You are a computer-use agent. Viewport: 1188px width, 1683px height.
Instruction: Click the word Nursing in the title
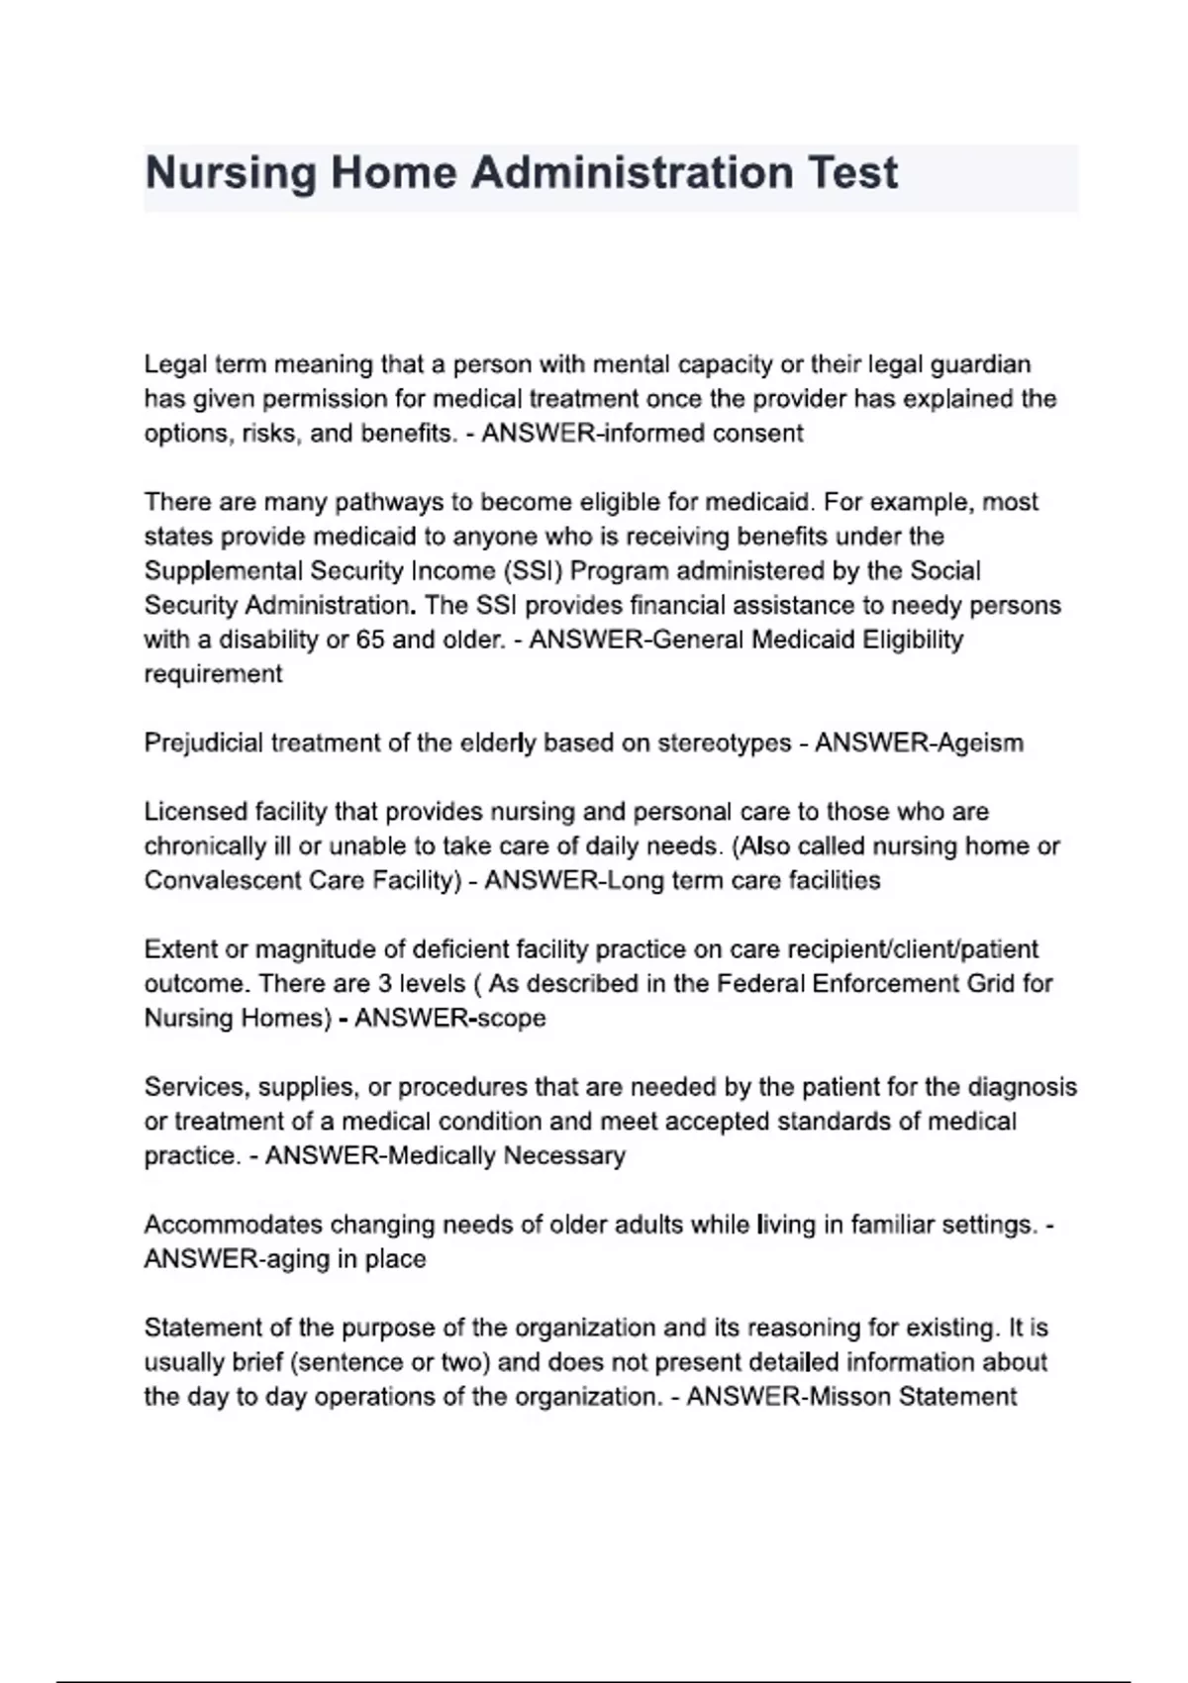point(231,173)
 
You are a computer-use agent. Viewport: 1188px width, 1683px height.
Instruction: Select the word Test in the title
point(852,173)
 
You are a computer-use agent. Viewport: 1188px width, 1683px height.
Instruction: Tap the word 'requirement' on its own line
point(213,674)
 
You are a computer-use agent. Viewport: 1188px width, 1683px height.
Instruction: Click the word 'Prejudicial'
point(204,742)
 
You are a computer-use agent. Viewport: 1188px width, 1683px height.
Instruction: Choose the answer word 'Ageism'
point(975,742)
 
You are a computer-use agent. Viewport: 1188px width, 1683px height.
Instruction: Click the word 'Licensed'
point(194,812)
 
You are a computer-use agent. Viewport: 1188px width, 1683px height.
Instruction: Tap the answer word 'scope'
point(512,1018)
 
